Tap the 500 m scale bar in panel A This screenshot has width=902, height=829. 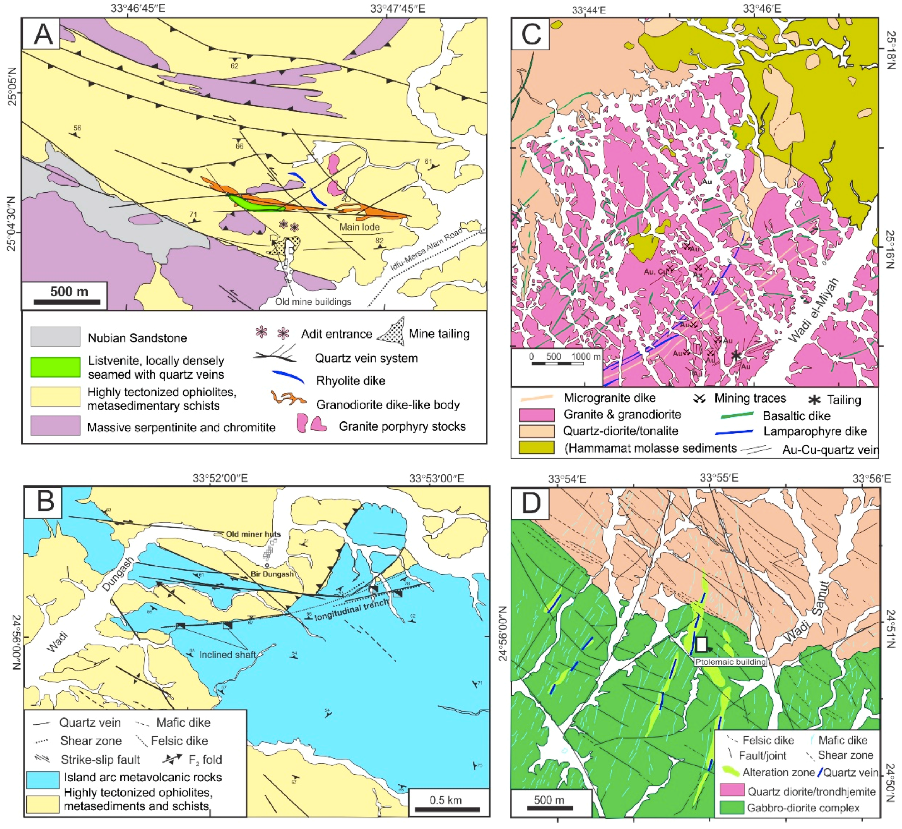click(67, 302)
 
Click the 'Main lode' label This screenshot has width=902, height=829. click(359, 227)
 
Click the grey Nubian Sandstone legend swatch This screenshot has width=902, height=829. click(55, 337)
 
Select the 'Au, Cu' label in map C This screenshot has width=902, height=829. click(654, 272)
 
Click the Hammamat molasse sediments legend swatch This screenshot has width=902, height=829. click(536, 448)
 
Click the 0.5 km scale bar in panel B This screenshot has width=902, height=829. click(447, 809)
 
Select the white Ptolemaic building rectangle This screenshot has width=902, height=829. click(702, 644)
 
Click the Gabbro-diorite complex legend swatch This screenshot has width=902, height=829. click(731, 808)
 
